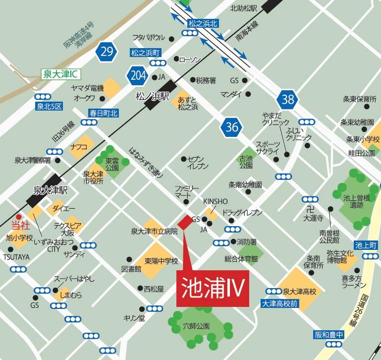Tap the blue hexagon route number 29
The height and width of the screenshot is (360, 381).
[x=107, y=51]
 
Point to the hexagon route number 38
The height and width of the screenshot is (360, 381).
[x=287, y=99]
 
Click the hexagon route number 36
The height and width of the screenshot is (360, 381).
[x=231, y=126]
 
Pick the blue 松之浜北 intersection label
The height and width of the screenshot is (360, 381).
[x=203, y=23]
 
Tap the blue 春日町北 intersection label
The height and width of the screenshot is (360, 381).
[x=104, y=113]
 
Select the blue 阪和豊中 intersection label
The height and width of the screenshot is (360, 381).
[x=329, y=335]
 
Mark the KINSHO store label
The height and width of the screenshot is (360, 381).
[x=216, y=201]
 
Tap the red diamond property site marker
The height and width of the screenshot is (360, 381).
[x=184, y=223]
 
